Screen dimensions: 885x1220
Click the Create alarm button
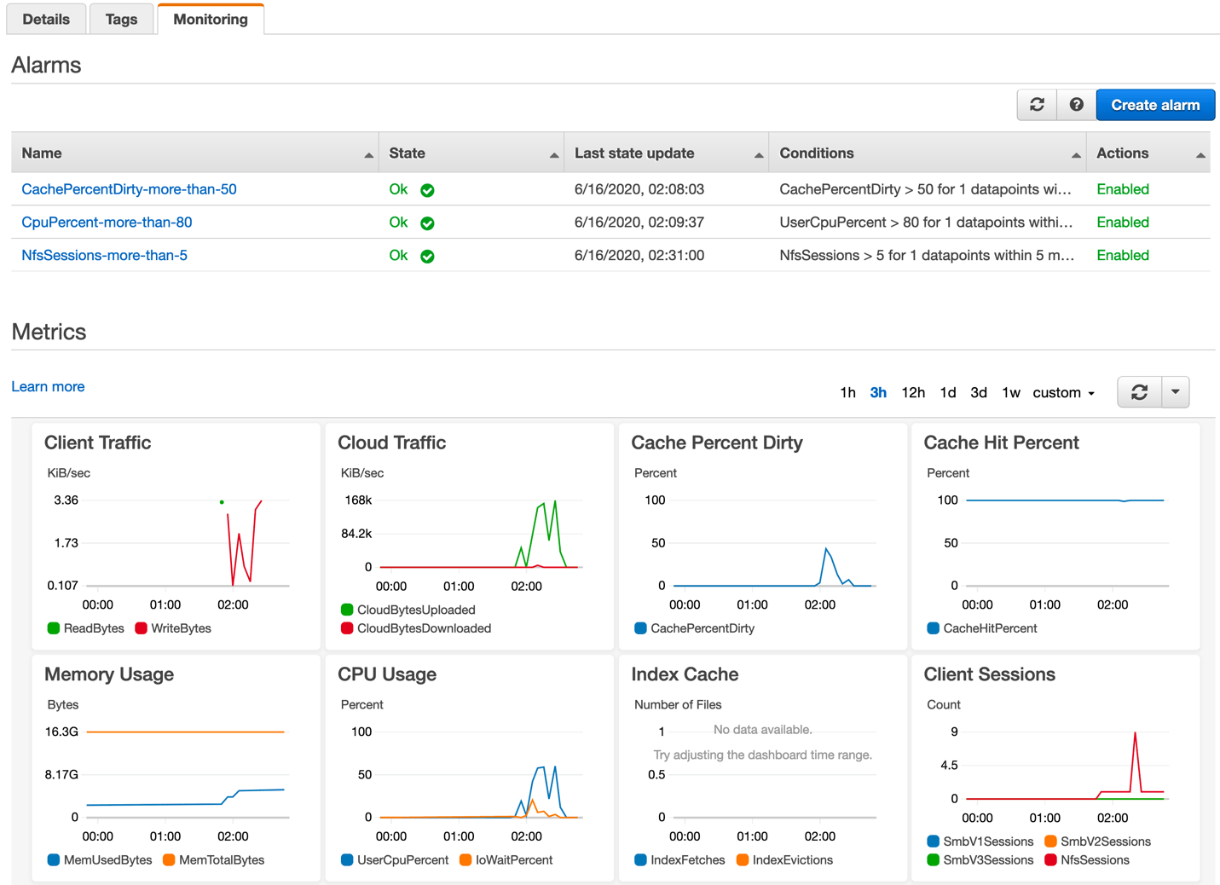point(1154,105)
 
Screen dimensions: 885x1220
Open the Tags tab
point(121,19)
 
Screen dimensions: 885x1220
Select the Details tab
point(46,19)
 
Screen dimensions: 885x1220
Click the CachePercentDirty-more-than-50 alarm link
point(129,189)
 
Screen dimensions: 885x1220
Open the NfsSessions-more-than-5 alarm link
point(104,255)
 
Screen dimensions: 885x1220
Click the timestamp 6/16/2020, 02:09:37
point(639,223)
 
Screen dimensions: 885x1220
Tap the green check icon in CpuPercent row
point(427,223)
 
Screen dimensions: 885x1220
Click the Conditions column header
point(816,153)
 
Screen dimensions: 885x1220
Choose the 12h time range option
point(912,392)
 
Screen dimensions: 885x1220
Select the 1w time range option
point(1010,392)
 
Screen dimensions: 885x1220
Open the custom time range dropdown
point(1063,392)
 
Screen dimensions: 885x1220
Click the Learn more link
point(48,386)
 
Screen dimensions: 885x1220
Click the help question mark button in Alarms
point(1076,105)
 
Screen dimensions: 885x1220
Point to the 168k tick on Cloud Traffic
point(357,500)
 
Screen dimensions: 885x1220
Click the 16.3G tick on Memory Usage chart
point(61,732)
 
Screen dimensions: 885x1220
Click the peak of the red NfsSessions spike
point(1135,733)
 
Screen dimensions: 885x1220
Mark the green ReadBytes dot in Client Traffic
point(222,502)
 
